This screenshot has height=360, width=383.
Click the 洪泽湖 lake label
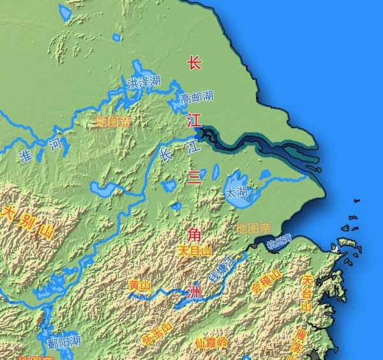click(x=144, y=83)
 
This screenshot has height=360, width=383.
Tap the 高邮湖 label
click(x=196, y=98)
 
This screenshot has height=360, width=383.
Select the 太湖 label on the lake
click(x=236, y=191)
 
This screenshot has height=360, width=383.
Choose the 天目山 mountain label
click(x=195, y=251)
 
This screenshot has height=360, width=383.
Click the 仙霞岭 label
click(x=211, y=343)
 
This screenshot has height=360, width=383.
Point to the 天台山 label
click(x=307, y=294)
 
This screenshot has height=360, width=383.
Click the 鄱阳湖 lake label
click(x=64, y=342)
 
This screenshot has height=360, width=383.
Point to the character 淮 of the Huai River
click(x=26, y=156)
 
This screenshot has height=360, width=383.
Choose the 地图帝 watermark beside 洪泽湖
click(x=113, y=121)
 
